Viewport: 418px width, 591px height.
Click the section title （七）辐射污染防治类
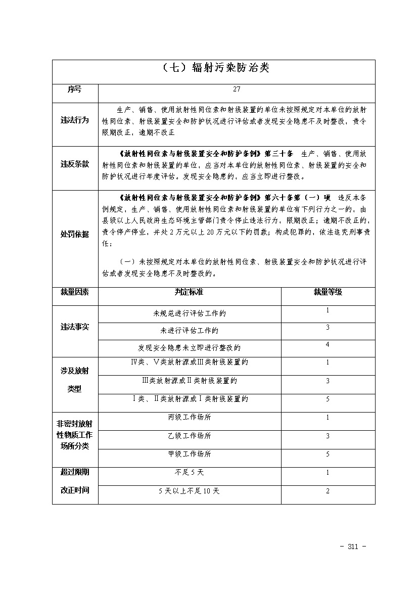point(213,69)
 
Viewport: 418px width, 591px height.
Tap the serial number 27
point(237,89)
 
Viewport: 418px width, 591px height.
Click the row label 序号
point(75,89)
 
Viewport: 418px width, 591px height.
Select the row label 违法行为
point(75,120)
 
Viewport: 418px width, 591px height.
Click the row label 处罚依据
point(75,234)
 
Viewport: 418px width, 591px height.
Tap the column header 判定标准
point(189,292)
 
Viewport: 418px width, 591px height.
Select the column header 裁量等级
point(328,292)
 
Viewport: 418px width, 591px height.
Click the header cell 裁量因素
point(75,292)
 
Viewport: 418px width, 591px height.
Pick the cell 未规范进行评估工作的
point(190,313)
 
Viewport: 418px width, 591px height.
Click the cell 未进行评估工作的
point(190,331)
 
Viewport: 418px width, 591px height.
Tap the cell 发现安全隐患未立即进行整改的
point(190,348)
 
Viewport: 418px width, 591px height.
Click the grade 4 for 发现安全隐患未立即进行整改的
point(328,344)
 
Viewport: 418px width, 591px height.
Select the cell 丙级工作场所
point(190,418)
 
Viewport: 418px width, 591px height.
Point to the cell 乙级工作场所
point(190,436)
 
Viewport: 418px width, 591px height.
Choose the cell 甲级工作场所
point(190,454)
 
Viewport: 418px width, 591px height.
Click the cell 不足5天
point(190,472)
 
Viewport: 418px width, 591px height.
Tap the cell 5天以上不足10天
point(190,491)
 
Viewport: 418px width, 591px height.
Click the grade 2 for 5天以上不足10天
point(328,491)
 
